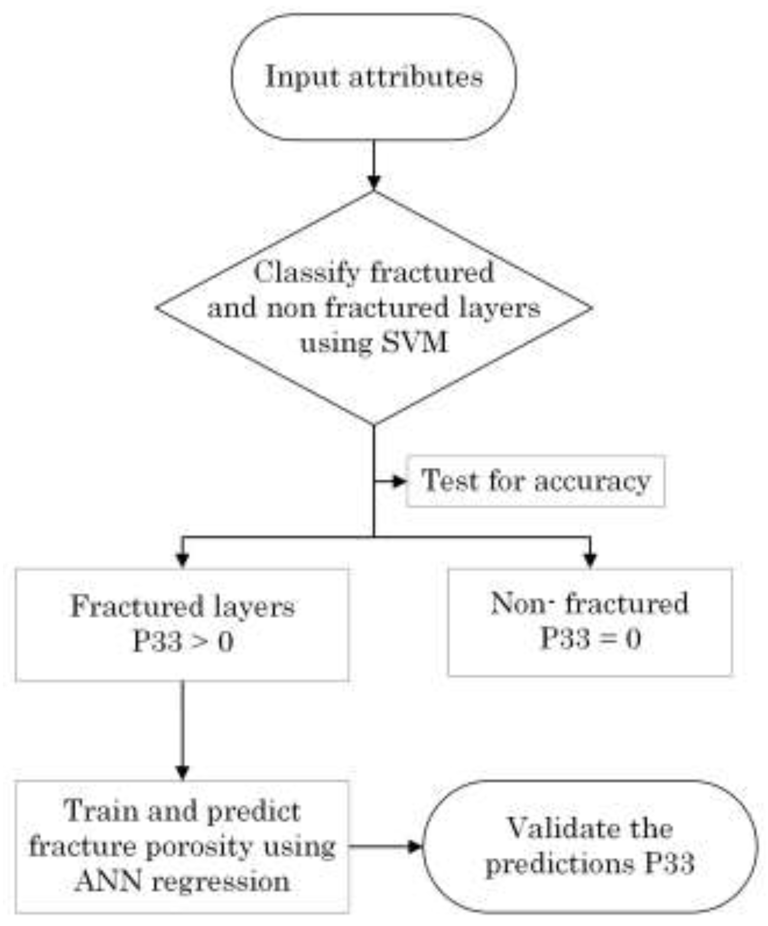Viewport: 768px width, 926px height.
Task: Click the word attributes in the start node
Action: [x=416, y=78]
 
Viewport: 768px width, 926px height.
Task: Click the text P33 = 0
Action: [x=590, y=638]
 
